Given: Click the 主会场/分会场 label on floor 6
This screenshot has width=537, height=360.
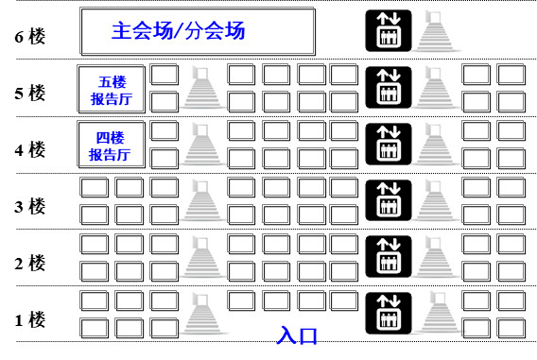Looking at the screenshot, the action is click(x=178, y=31).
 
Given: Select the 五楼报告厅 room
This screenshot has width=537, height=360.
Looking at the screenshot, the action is click(x=112, y=90).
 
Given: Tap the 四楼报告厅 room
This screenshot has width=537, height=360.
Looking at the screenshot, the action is click(x=112, y=146).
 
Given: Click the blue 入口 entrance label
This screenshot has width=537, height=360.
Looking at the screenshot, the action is click(x=297, y=335).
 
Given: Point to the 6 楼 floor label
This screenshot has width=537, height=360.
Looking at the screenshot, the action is click(x=30, y=37).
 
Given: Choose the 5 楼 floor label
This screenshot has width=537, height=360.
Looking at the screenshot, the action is click(x=30, y=94).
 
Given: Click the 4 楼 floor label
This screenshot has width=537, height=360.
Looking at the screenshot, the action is click(x=30, y=150).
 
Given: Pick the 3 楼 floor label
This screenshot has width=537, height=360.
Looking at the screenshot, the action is click(x=30, y=206).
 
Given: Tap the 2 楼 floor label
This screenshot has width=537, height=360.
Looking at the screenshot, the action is click(x=30, y=264).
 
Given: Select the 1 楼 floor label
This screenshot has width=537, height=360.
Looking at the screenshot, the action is click(x=30, y=320).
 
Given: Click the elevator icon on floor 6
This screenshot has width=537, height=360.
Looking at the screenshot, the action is click(x=389, y=31).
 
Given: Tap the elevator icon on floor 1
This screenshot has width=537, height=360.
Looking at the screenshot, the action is click(x=389, y=313).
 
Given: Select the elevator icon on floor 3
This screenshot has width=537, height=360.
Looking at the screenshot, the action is click(x=389, y=200).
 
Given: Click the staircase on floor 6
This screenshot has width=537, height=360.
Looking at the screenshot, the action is click(x=436, y=31).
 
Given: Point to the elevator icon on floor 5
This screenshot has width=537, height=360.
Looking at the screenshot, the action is click(x=389, y=88).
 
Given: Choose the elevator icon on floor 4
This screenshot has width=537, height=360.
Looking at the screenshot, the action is click(x=389, y=144).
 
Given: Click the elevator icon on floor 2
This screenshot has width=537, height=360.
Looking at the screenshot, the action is click(x=389, y=257).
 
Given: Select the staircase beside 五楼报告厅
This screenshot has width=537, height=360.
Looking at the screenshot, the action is click(x=202, y=88).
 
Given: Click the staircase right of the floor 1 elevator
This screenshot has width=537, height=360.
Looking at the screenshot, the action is click(x=439, y=313).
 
